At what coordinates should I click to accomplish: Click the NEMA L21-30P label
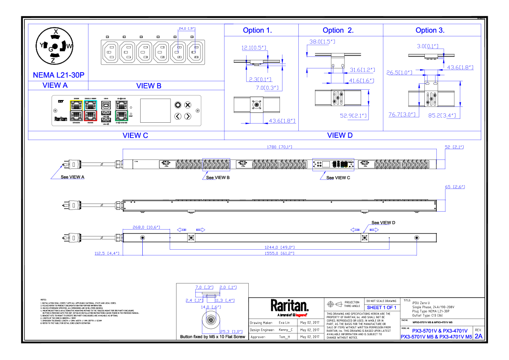point(59,75)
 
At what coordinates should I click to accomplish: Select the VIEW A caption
point(55,86)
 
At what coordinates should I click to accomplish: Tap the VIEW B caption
point(149,86)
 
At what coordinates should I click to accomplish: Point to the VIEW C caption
point(135,136)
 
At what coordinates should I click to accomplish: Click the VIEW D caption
point(340,136)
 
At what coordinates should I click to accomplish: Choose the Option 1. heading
point(257,31)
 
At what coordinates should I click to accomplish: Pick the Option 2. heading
point(338,31)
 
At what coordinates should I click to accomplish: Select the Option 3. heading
point(430,31)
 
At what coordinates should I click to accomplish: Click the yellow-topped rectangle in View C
point(76,111)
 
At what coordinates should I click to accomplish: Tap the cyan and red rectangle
point(91,111)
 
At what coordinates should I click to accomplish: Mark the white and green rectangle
point(121,111)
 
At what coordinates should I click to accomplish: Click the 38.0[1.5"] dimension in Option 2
point(322,42)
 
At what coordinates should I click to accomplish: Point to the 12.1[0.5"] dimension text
point(254,48)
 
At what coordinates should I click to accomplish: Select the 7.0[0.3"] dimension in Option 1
point(267,88)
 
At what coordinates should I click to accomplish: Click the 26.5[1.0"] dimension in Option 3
point(399,73)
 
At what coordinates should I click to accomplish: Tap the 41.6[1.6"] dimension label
point(362,81)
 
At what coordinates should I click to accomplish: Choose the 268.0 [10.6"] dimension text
point(146,227)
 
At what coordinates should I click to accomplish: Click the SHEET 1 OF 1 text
point(381,308)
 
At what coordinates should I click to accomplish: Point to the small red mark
point(301,316)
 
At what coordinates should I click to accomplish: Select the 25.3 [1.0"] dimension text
point(231,332)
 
